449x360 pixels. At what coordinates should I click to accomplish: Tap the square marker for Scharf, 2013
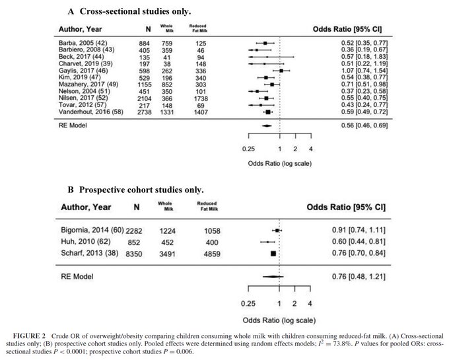[273, 253]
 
